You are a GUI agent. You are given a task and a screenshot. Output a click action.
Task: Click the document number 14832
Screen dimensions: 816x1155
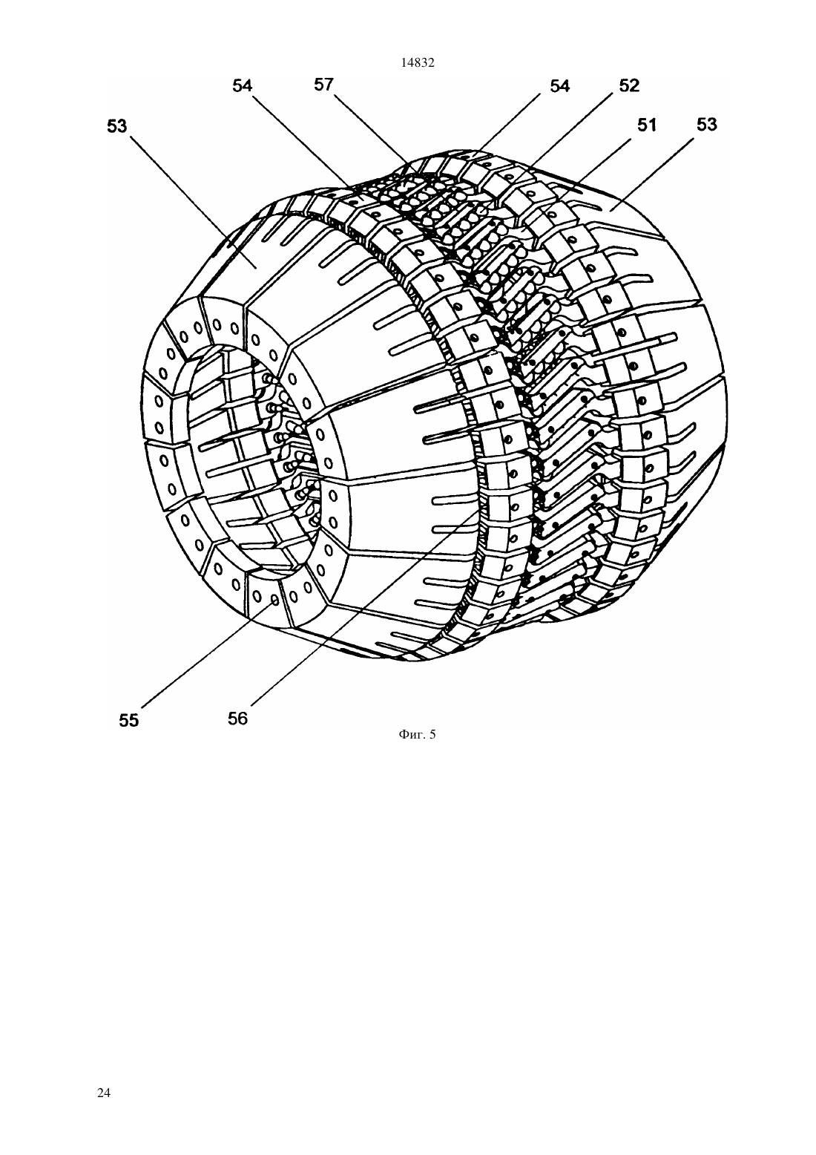pos(418,63)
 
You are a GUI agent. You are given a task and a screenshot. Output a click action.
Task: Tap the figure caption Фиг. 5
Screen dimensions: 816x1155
pos(417,734)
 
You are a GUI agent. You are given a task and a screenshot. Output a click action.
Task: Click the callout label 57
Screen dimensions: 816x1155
pos(324,85)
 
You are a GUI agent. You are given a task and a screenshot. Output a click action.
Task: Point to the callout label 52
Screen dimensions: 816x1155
pos(629,85)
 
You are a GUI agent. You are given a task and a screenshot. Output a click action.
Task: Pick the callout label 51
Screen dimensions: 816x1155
pos(647,125)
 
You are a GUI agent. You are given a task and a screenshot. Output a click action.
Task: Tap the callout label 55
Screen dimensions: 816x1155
pos(129,720)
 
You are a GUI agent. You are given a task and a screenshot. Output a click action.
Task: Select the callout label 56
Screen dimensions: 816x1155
pos(237,719)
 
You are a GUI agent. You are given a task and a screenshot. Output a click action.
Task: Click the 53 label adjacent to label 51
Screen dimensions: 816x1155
pos(707,124)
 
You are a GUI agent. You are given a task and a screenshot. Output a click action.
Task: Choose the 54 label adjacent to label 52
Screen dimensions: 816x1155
pos(560,86)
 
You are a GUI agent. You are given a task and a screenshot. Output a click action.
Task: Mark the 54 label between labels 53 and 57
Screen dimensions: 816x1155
pos(243,85)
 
